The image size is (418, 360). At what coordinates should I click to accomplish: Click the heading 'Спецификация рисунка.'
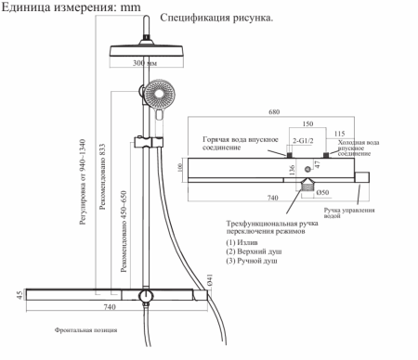point(216,19)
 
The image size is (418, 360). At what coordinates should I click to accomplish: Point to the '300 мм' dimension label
point(147,64)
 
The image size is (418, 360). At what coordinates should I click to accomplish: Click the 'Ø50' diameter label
point(324,192)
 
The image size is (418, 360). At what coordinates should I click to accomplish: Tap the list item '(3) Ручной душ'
point(254,263)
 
